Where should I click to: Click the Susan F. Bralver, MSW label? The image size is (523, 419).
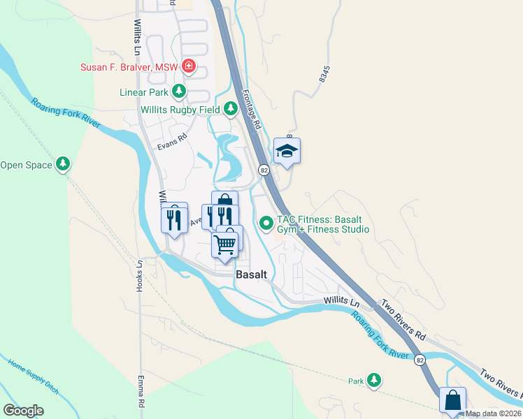point(130,67)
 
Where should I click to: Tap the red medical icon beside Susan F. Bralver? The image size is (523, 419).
point(188,67)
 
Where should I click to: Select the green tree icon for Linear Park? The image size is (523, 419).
point(180,91)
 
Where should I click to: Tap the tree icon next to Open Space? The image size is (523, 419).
point(64,164)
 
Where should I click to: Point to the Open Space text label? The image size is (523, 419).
point(27,165)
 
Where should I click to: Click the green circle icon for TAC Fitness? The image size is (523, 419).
point(266,223)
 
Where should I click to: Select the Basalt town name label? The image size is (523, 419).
point(251,274)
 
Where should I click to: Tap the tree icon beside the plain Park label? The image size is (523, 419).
point(374,380)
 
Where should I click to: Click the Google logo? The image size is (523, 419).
point(23,411)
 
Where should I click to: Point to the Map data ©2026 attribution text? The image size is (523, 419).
point(494,413)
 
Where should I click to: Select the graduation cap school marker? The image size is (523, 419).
point(287,151)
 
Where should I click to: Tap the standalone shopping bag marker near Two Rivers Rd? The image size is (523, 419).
point(452,401)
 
